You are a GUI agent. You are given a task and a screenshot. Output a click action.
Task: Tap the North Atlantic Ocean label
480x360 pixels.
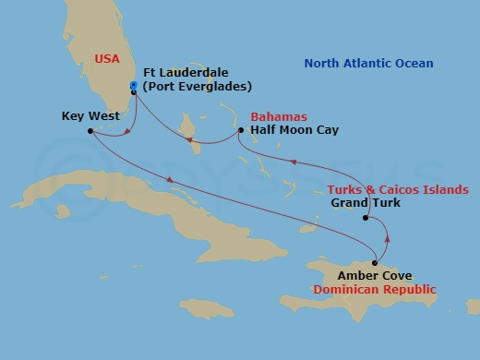pyautogui.click(x=368, y=63)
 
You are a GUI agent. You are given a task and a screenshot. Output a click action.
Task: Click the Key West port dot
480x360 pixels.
pyautogui.click(x=90, y=130)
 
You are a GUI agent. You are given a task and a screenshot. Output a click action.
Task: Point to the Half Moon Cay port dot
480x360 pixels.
pyautogui.click(x=240, y=130)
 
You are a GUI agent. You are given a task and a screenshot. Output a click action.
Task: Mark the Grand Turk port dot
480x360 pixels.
pyautogui.click(x=366, y=219)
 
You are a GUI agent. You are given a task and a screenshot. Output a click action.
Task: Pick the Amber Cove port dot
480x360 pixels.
pyautogui.click(x=374, y=263)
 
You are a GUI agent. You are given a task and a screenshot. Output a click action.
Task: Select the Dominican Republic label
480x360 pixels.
pyautogui.click(x=374, y=289)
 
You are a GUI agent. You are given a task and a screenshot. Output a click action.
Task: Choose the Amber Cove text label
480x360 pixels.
pyautogui.click(x=374, y=275)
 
